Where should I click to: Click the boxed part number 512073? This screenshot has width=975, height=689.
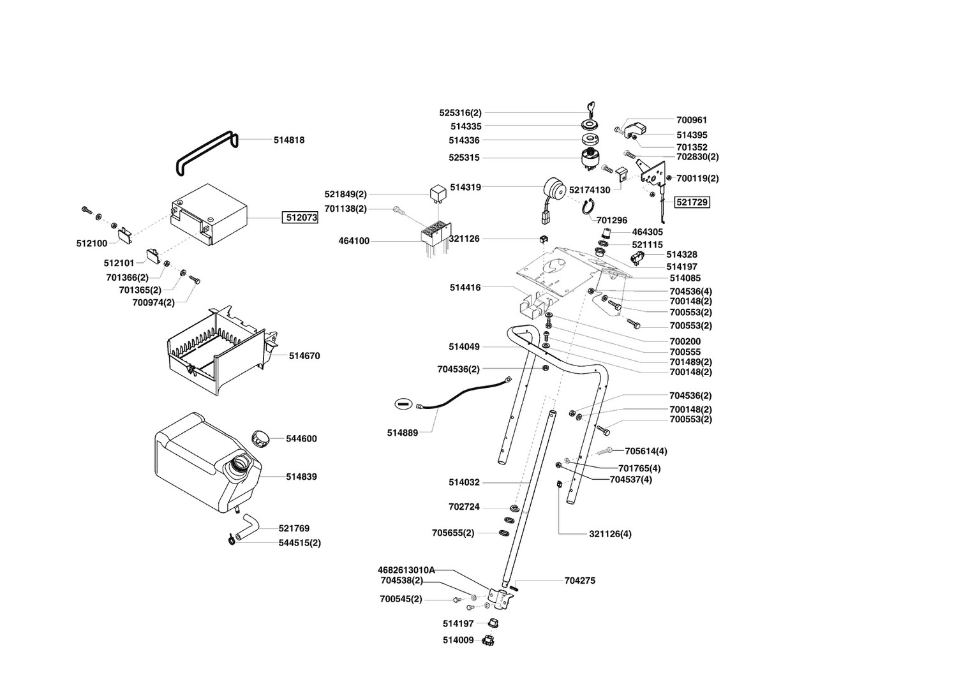click(301, 218)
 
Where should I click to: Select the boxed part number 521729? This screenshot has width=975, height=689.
click(692, 202)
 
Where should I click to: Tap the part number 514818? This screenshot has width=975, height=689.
click(289, 140)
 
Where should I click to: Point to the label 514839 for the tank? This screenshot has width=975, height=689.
click(301, 477)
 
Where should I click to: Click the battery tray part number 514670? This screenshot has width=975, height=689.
click(304, 356)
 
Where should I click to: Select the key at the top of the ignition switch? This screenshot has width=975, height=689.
click(590, 108)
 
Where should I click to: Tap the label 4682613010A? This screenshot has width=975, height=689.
click(406, 570)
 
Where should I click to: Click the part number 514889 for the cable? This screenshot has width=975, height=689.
click(402, 433)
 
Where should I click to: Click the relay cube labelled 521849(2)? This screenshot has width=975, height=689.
click(438, 192)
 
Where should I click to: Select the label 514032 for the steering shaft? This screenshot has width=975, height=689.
click(464, 482)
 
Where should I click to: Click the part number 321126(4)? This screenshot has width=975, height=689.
click(610, 533)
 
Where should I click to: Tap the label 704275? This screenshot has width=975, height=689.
click(580, 581)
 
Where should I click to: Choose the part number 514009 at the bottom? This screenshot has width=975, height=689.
click(458, 640)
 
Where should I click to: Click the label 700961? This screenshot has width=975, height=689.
click(692, 120)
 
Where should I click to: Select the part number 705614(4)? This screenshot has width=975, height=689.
click(646, 451)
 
